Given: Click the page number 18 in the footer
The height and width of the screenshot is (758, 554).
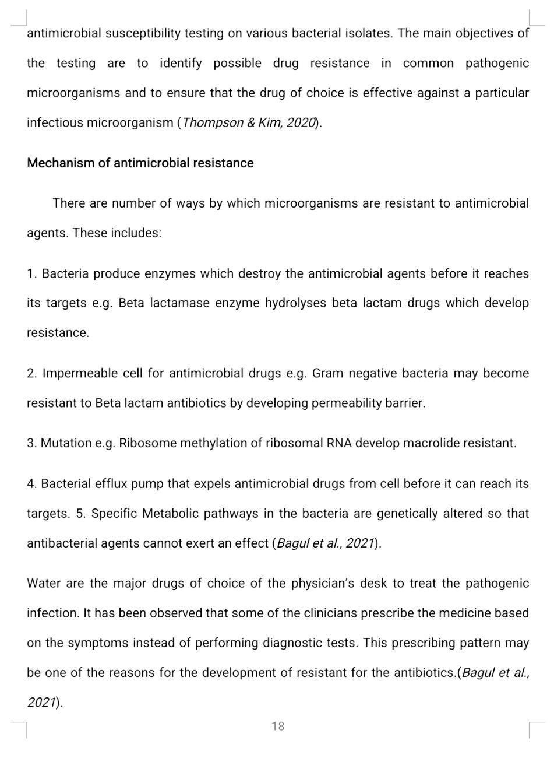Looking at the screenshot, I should (x=278, y=726).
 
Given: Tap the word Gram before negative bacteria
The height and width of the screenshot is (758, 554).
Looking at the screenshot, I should (x=327, y=373).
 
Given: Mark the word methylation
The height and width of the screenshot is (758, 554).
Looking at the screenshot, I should (x=214, y=443).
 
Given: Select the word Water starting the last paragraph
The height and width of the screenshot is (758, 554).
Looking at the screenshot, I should (x=44, y=584).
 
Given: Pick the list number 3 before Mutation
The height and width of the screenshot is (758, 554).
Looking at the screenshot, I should (x=31, y=443).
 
